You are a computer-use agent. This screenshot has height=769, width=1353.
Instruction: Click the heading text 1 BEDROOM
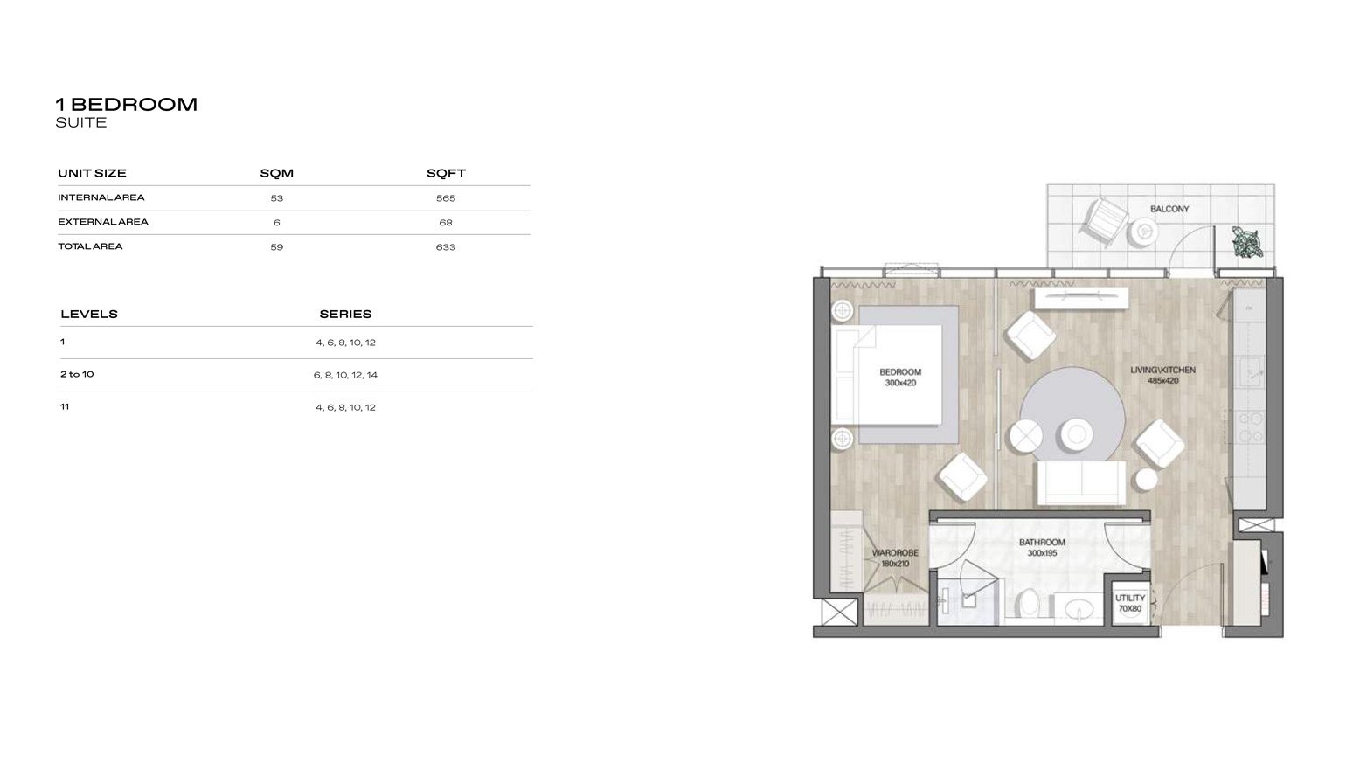point(127,104)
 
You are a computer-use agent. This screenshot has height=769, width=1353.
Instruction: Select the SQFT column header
point(446,173)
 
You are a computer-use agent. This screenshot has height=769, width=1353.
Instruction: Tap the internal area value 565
point(446,198)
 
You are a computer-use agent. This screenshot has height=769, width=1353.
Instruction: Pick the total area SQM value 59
point(277,247)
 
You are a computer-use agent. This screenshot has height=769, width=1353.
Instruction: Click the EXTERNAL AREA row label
point(103,222)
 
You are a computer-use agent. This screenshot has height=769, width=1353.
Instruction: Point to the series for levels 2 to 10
point(345,375)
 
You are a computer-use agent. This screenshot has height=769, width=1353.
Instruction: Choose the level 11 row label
point(65,406)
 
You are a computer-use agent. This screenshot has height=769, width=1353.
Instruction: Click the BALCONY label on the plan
point(1169,209)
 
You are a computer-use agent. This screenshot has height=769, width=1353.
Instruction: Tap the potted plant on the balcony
point(1247,241)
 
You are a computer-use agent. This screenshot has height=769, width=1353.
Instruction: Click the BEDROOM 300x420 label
point(899,378)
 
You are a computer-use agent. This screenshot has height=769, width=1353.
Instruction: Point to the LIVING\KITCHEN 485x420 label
point(1162,375)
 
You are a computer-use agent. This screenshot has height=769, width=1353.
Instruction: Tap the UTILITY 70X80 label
point(1129,603)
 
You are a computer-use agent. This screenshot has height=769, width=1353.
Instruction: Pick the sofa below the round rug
point(1080,483)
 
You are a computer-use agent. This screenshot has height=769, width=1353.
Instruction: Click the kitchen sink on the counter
point(1250,371)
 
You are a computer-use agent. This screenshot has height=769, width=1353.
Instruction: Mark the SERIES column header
point(345,314)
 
